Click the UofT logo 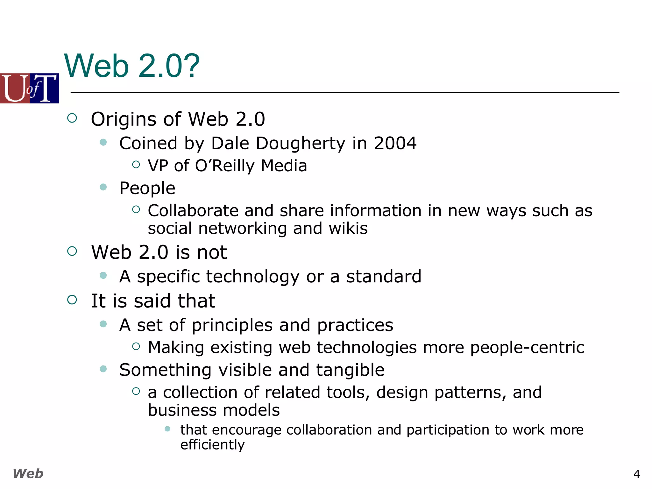pos(29,88)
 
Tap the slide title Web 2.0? pos(132,66)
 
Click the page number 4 pos(636,474)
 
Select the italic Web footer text pos(28,474)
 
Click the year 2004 pos(395,143)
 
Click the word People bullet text pos(147,188)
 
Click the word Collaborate pos(193,211)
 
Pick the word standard pos(384,276)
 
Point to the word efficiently pos(212,445)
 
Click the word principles pos(232,325)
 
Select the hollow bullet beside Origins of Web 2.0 pos(72,118)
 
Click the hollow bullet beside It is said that pos(72,300)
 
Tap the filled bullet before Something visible pos(103,369)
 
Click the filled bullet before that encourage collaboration pos(168,429)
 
